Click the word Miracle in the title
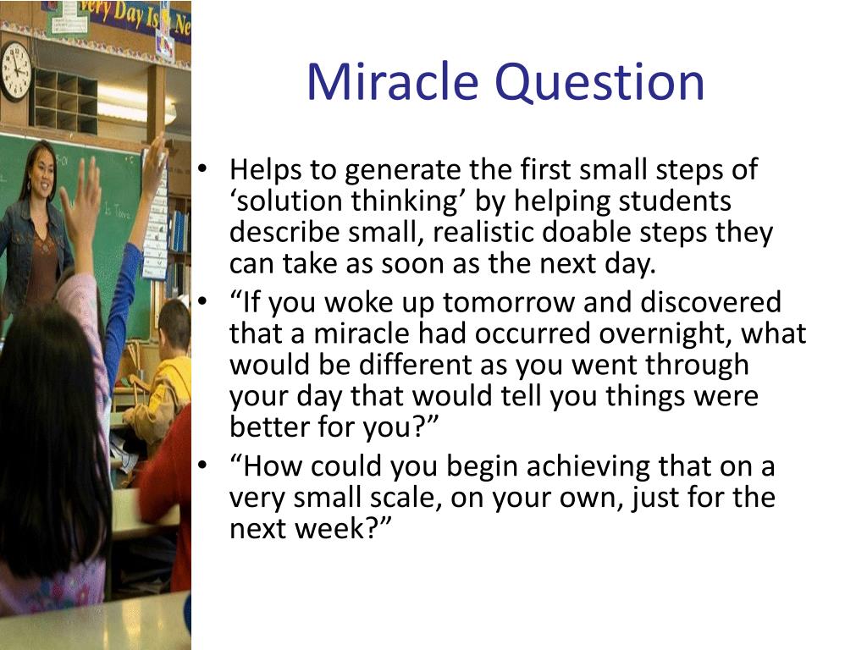pos(393,82)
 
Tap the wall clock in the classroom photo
pos(15,71)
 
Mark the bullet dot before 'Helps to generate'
pos(203,168)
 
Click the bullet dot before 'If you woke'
pos(203,301)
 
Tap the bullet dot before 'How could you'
pos(203,465)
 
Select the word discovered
pos(710,302)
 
